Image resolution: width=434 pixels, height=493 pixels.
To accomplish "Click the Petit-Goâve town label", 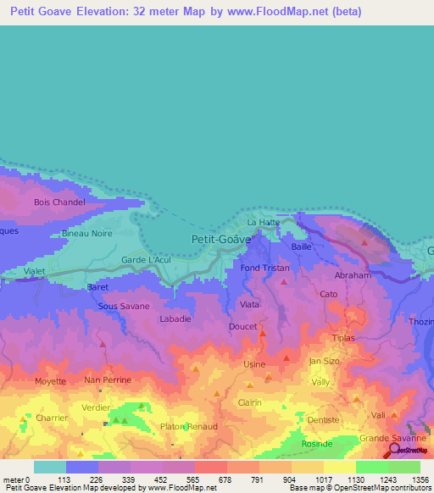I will (x=221, y=240).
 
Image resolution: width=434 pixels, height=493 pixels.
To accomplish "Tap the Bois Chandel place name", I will (x=59, y=202).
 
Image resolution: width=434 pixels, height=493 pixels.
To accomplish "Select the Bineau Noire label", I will (x=87, y=233).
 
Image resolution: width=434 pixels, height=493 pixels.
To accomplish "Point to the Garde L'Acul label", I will (x=146, y=259).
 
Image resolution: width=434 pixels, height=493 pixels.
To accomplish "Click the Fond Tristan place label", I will (x=264, y=269).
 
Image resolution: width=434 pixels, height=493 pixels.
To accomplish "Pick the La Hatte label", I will (x=263, y=223).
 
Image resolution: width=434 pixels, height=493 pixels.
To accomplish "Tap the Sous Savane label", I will (x=124, y=306).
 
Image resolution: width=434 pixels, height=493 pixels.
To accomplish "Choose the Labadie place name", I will (x=175, y=319).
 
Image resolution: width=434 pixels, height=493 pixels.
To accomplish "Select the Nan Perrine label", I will (x=108, y=380).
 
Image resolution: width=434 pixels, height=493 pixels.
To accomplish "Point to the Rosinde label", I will (x=318, y=443).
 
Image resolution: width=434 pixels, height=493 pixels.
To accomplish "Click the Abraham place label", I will (x=353, y=275).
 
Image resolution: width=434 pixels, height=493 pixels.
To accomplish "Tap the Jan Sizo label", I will (x=324, y=361).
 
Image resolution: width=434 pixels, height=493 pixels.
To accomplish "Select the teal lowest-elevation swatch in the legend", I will (x=50, y=467).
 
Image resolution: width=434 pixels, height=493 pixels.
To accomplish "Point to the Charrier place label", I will (x=58, y=418).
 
